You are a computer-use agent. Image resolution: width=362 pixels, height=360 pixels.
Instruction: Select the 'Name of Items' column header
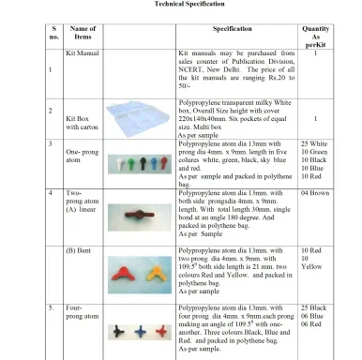coord(83,36)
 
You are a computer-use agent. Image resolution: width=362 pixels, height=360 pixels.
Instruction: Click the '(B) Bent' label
coord(81,251)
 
